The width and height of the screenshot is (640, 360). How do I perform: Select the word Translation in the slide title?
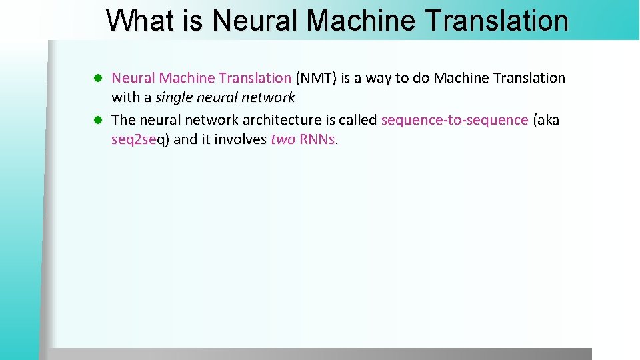pyautogui.click(x=496, y=21)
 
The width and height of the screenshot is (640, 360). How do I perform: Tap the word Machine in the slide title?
pyautogui.click(x=363, y=21)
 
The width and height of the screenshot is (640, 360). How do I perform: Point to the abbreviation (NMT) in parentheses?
pyautogui.click(x=316, y=78)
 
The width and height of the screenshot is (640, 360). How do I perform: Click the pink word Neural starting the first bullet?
pyautogui.click(x=133, y=78)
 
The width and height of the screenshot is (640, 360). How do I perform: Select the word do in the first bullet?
pyautogui.click(x=421, y=78)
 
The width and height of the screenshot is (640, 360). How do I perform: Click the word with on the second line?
pyautogui.click(x=125, y=97)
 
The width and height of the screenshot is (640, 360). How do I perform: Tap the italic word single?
pyautogui.click(x=174, y=97)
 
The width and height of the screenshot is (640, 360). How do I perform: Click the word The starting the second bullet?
pyautogui.click(x=123, y=120)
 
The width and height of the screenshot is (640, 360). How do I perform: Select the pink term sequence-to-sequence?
pyautogui.click(x=455, y=120)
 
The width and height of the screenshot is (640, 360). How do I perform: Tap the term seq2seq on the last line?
pyautogui.click(x=140, y=140)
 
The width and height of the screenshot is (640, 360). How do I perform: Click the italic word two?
pyautogui.click(x=283, y=139)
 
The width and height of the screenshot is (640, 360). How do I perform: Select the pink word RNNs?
pyautogui.click(x=318, y=139)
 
